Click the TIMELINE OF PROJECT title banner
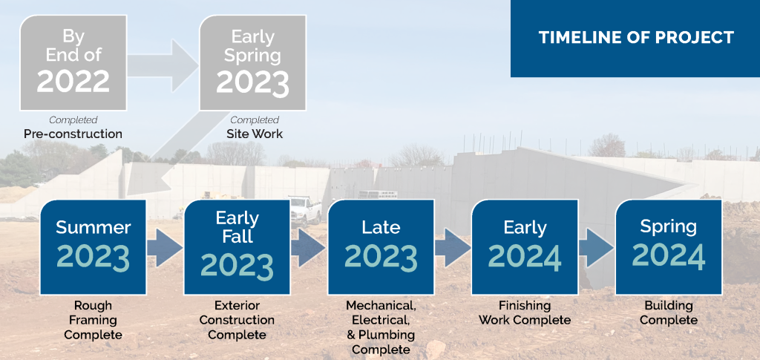635,39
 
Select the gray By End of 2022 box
73,62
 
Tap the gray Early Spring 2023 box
252,62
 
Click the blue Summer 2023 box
93,247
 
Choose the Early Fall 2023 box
237,247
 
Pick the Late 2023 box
381,247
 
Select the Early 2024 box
525,247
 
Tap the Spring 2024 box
669,247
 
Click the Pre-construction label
73,134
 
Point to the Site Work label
255,134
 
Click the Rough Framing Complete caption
93,320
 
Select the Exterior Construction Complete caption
237,320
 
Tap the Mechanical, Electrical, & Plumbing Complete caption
381,327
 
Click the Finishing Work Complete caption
525,313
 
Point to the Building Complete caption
669,313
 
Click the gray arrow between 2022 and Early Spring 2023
163,65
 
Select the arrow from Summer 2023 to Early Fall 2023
165,248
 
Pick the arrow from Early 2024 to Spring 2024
596,248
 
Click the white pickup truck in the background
305,209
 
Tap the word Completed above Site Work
255,120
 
